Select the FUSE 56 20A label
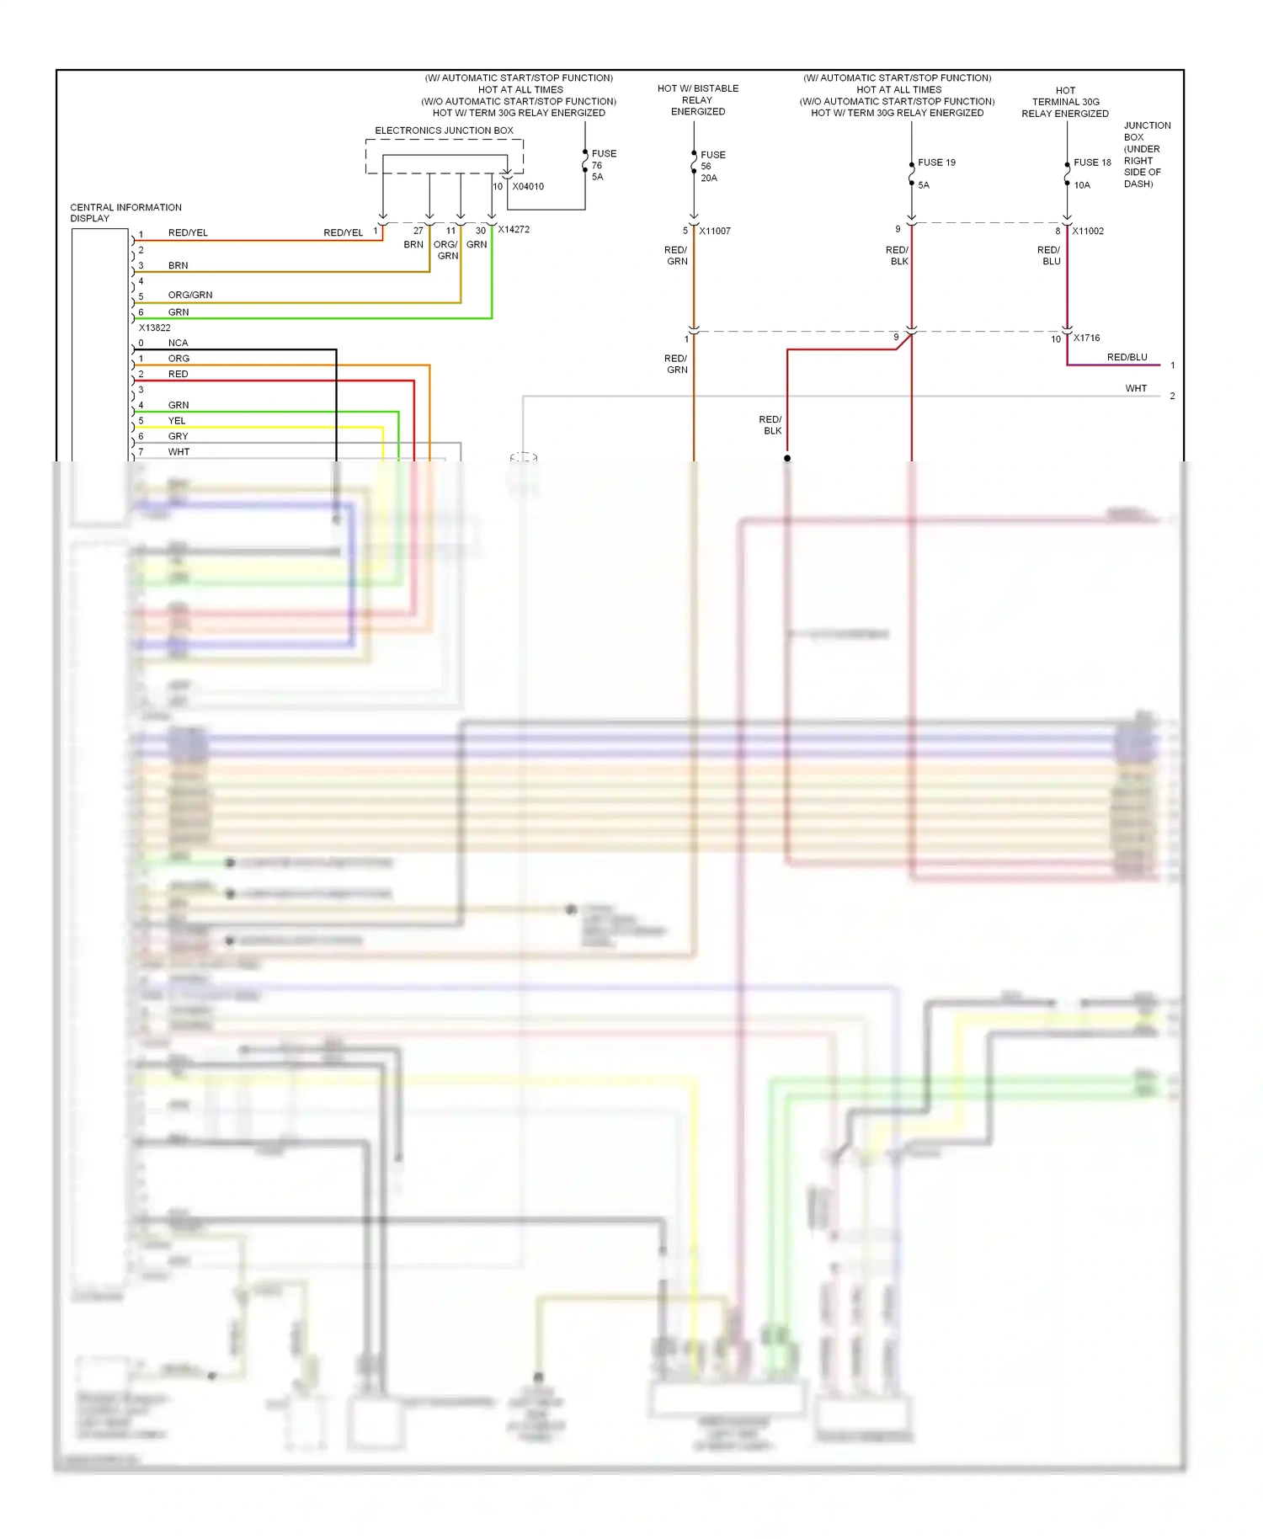(x=711, y=167)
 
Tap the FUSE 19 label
(x=936, y=162)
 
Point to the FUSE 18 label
(x=1092, y=162)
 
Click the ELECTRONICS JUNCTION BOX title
(x=444, y=130)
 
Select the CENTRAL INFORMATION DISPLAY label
(x=125, y=212)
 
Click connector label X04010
(x=528, y=187)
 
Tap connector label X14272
(x=514, y=229)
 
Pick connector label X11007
(x=715, y=231)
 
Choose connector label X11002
(x=1088, y=231)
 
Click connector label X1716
(x=1086, y=338)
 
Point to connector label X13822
(x=154, y=328)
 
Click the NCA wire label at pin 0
(x=178, y=343)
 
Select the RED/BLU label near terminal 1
(x=1127, y=357)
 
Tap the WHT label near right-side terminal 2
(x=1136, y=388)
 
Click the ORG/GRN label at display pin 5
(x=190, y=295)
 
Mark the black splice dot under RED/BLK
(x=787, y=458)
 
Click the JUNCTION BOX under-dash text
(x=1146, y=154)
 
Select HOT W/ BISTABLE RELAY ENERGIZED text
(x=697, y=99)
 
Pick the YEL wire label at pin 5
(x=177, y=420)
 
